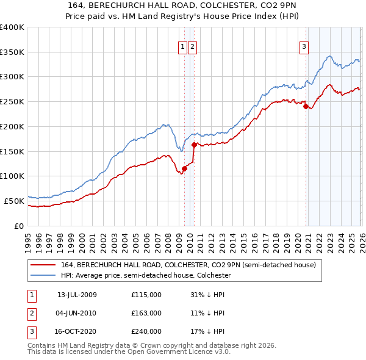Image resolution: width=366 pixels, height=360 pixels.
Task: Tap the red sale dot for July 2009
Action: tap(184, 168)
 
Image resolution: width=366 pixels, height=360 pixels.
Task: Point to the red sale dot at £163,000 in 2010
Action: tap(194, 145)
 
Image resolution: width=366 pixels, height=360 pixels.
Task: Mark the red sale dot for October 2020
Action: tap(306, 106)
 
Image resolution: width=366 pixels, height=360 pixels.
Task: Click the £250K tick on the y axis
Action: tap(12, 101)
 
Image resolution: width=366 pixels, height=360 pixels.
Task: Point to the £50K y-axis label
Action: tap(14, 200)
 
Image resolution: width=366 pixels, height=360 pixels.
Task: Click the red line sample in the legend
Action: tap(42, 265)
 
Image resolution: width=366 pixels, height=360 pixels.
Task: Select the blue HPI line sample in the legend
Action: tap(42, 276)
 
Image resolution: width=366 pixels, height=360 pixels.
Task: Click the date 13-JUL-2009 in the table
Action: tap(77, 295)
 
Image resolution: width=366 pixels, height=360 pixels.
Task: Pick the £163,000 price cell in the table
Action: tap(146, 313)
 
